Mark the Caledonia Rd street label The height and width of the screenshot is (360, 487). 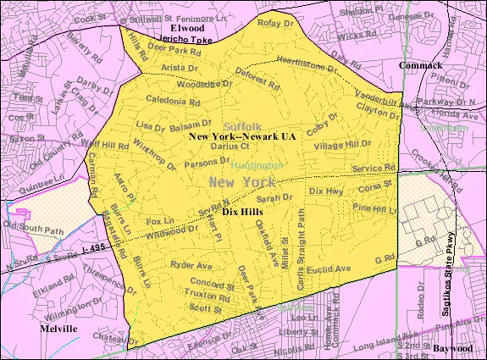pyautogui.click(x=172, y=101)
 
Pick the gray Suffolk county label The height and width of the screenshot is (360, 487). pyautogui.click(x=242, y=124)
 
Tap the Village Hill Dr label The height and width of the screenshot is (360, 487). pyautogui.click(x=341, y=145)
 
